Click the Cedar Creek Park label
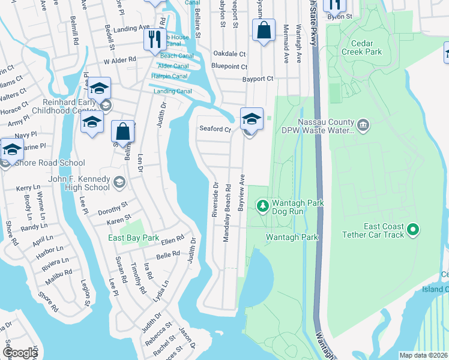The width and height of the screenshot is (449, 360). pyautogui.click(x=362, y=47)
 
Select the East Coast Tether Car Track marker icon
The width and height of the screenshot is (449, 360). pyautogui.click(x=412, y=229)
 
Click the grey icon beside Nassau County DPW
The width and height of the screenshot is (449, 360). pyautogui.click(x=363, y=125)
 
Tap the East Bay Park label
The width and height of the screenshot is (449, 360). pyautogui.click(x=133, y=238)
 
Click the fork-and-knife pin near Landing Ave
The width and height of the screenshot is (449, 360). pyautogui.click(x=155, y=40)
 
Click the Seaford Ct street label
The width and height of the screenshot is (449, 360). pyautogui.click(x=215, y=130)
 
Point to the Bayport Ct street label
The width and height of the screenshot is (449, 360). pyautogui.click(x=258, y=79)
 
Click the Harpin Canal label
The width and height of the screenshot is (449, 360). pyautogui.click(x=170, y=76)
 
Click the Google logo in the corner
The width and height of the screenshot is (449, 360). pyautogui.click(x=20, y=353)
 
